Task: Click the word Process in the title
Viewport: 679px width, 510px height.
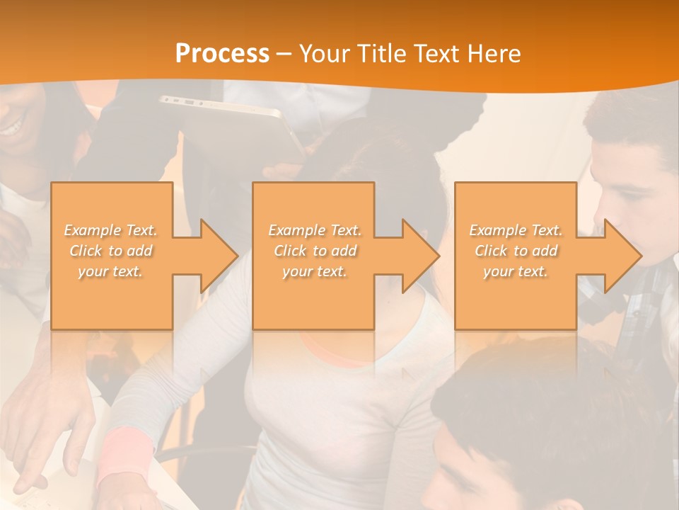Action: point(222,54)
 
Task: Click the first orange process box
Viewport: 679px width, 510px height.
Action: point(112,297)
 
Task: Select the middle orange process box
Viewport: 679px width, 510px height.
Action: point(313,297)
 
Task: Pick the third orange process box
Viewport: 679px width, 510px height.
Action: point(515,297)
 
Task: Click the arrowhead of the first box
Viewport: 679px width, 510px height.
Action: point(219,256)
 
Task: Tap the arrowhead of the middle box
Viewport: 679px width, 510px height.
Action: point(420,256)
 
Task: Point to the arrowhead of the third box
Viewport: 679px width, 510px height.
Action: point(622,256)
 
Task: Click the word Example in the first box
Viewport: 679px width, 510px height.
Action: point(93,230)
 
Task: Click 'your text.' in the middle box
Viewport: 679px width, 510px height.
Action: point(314,271)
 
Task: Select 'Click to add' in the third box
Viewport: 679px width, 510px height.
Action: point(516,251)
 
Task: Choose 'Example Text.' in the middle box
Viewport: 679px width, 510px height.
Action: point(314,230)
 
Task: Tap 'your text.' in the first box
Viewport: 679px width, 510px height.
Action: point(111,271)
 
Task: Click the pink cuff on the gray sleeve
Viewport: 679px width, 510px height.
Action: point(127,453)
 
